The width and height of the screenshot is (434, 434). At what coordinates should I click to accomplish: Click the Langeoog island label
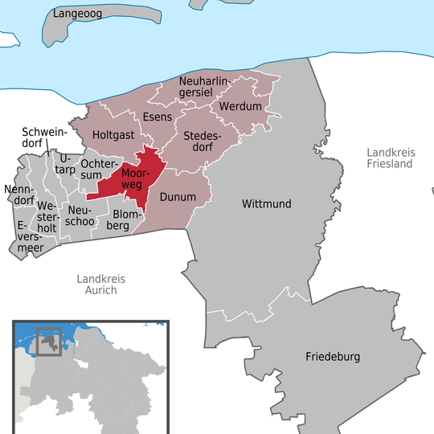click(80, 14)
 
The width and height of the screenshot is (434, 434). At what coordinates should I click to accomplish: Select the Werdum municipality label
click(240, 106)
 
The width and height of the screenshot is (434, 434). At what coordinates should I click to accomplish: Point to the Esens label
click(158, 117)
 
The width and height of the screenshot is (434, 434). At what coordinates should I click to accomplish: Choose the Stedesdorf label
click(203, 141)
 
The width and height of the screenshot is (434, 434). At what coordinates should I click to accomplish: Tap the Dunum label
click(178, 195)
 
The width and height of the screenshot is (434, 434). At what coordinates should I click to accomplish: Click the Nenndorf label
click(20, 196)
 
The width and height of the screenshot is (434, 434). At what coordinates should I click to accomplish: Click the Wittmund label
click(266, 204)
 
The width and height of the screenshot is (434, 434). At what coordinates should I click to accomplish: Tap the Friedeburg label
click(333, 356)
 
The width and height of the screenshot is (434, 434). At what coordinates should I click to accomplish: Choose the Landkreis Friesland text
click(388, 158)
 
